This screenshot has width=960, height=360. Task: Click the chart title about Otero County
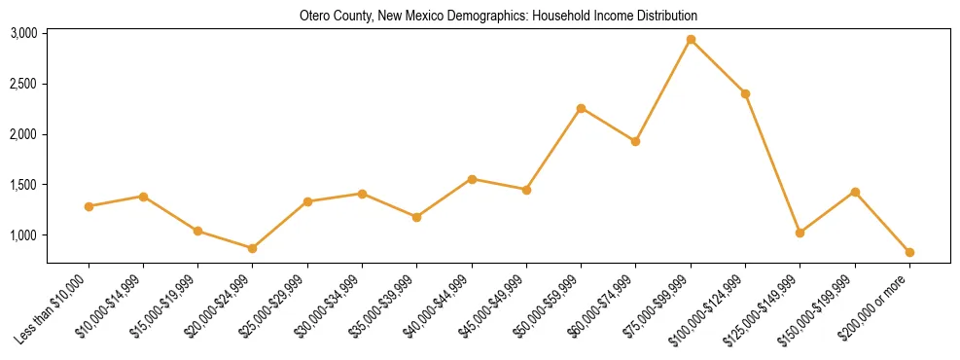click(498, 17)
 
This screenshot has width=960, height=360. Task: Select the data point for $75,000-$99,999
click(691, 40)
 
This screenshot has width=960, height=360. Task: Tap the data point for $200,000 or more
click(909, 252)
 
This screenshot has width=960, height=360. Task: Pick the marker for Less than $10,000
click(89, 206)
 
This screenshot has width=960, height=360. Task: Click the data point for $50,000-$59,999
click(581, 108)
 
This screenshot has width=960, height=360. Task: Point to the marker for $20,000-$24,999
click(253, 248)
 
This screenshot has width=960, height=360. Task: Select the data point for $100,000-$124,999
click(745, 93)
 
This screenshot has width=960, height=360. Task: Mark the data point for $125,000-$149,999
click(800, 233)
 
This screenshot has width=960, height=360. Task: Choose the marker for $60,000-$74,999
click(635, 141)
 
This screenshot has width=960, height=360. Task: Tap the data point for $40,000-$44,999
click(472, 179)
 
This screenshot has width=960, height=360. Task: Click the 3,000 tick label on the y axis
click(23, 33)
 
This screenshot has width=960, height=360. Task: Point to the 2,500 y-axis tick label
click(23, 84)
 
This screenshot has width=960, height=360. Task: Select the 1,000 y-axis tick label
click(23, 235)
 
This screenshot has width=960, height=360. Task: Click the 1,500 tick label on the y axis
click(23, 185)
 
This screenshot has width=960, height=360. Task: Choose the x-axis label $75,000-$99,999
click(655, 310)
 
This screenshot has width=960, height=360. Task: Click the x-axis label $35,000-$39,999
click(381, 310)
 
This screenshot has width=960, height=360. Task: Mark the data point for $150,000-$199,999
click(855, 192)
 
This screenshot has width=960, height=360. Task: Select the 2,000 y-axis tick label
click(23, 134)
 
